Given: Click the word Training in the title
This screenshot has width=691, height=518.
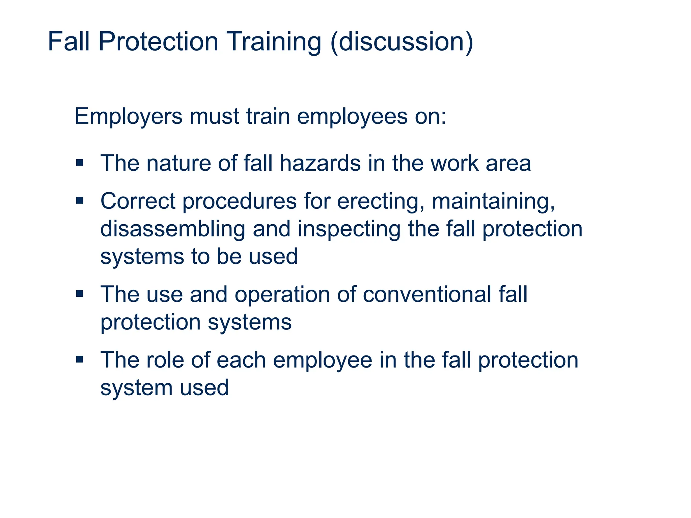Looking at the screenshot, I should pyautogui.click(x=274, y=42).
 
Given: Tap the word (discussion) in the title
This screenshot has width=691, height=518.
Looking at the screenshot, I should pyautogui.click(x=402, y=42).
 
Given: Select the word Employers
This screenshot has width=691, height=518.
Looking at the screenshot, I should pyautogui.click(x=128, y=116).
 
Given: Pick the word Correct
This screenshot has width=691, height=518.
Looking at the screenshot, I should pyautogui.click(x=138, y=201).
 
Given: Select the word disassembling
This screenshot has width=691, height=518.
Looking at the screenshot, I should pyautogui.click(x=173, y=229).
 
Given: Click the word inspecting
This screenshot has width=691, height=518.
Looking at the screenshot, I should pyautogui.click(x=349, y=230).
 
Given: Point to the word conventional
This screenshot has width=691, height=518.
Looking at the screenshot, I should pyautogui.click(x=427, y=294).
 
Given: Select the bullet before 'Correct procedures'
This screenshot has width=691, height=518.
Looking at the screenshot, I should pyautogui.click(x=80, y=201).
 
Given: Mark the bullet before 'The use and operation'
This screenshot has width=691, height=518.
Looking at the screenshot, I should pyautogui.click(x=80, y=294).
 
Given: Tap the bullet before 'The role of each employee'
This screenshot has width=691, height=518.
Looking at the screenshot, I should pyautogui.click(x=80, y=359).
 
